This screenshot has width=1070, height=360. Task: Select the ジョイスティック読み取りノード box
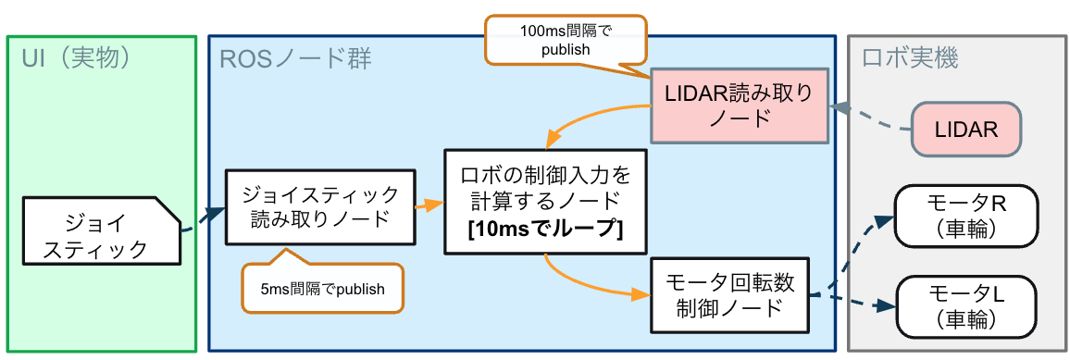click(x=320, y=207)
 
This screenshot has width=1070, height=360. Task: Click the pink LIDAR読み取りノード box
click(x=737, y=105)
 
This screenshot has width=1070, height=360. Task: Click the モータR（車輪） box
click(x=965, y=216)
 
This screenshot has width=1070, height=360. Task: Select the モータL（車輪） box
click(x=965, y=306)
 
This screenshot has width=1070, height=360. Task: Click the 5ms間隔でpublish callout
click(x=322, y=289)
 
